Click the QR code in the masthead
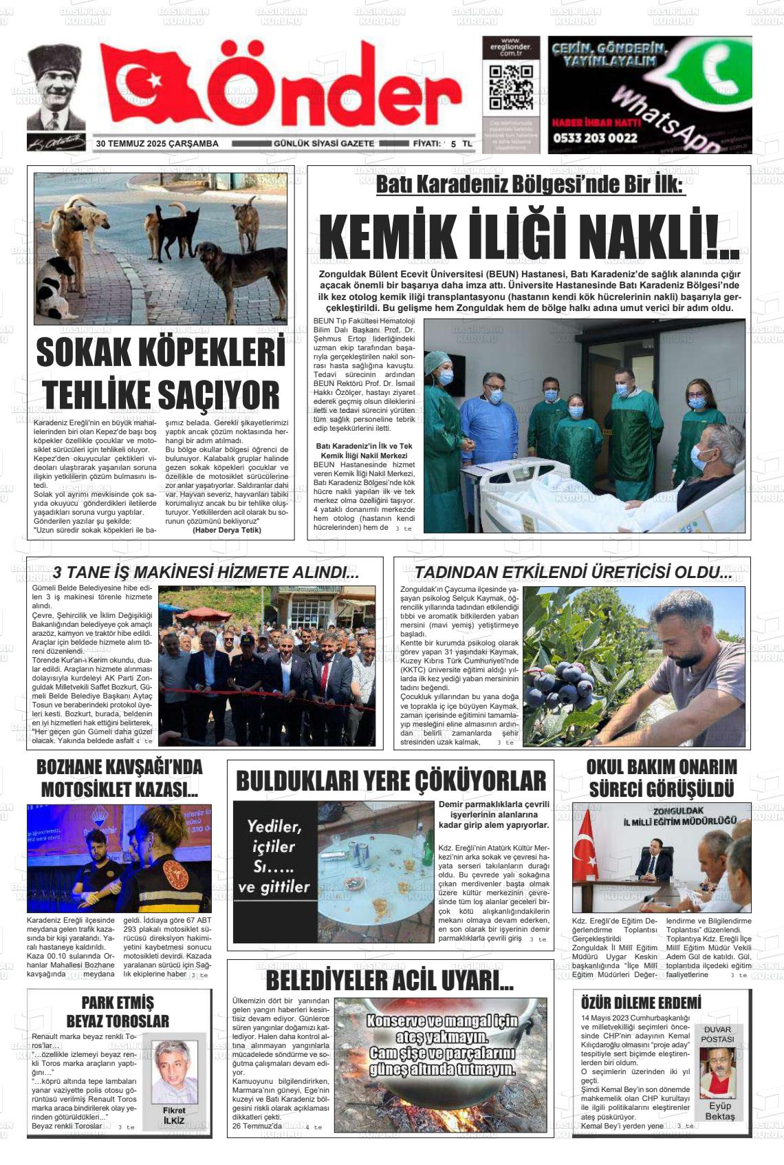click(x=510, y=89)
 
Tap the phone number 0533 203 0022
click(x=595, y=138)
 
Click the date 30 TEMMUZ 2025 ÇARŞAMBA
click(x=157, y=144)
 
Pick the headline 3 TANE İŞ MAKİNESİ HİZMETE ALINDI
click(x=206, y=573)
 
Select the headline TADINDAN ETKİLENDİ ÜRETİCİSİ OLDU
click(x=572, y=573)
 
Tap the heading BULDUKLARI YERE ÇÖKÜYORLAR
click(x=391, y=781)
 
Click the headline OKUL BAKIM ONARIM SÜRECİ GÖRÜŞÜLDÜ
click(x=661, y=778)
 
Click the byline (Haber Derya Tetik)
click(x=227, y=530)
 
